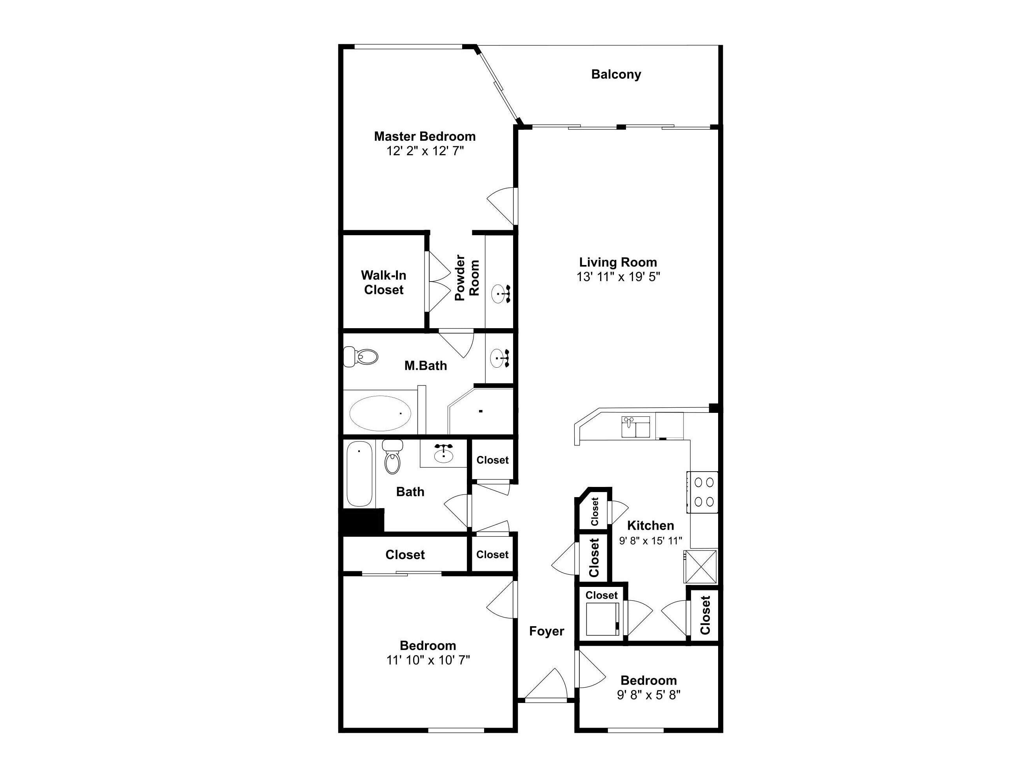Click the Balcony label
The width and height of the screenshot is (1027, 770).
(616, 74)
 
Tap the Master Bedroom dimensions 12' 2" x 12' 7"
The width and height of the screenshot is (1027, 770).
(425, 151)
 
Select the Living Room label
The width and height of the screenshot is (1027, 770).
(618, 262)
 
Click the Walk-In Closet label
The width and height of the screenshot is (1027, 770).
(383, 282)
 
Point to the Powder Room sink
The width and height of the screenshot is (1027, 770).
(501, 294)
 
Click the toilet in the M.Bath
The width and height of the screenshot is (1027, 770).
(361, 357)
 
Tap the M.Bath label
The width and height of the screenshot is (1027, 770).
(425, 365)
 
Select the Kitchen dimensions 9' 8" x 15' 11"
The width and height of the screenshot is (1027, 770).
(650, 541)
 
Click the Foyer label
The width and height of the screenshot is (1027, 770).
(546, 631)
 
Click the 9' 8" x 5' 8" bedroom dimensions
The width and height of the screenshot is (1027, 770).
(649, 695)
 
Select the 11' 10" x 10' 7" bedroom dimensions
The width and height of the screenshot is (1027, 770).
(428, 660)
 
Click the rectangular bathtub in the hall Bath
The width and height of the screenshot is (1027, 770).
(360, 474)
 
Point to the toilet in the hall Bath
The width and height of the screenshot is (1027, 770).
(392, 456)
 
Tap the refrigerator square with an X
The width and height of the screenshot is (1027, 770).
(700, 566)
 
